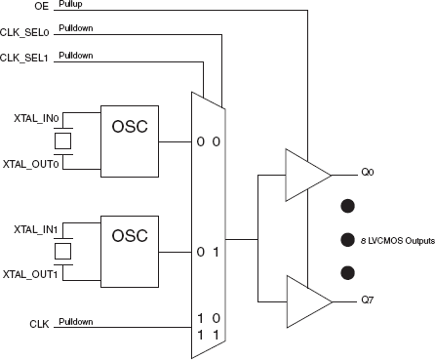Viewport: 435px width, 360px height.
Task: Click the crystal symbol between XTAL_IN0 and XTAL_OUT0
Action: (x=62, y=140)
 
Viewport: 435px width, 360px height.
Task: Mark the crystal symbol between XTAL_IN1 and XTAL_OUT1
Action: (x=62, y=252)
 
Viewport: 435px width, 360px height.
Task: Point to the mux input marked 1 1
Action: (x=208, y=334)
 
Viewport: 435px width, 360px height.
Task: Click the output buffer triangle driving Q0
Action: (x=304, y=172)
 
